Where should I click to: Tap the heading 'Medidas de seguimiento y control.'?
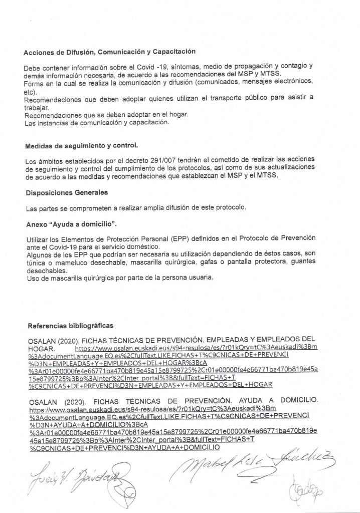81,146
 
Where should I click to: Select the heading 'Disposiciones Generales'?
66,192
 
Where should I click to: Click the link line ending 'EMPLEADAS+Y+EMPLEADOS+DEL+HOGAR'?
150,384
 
